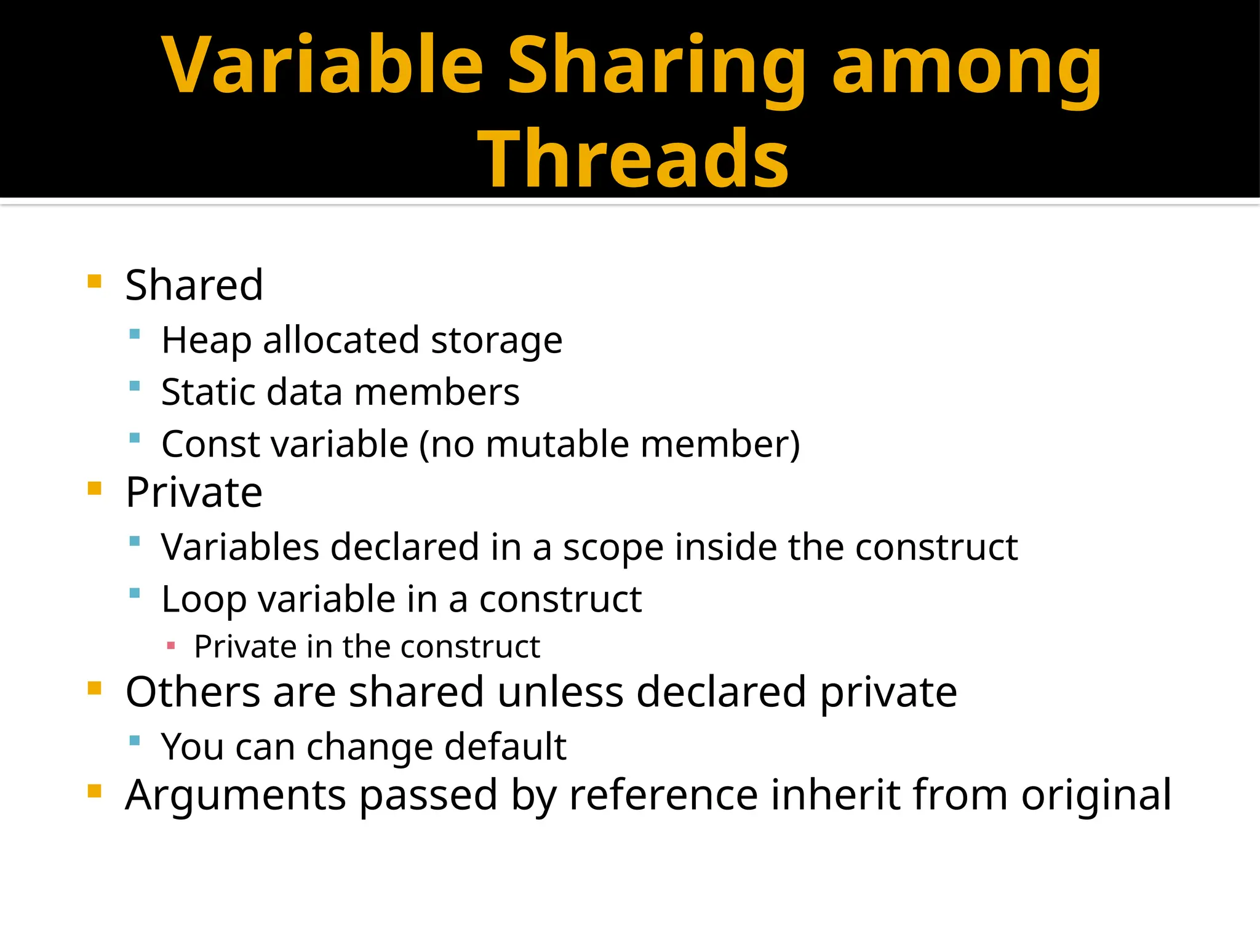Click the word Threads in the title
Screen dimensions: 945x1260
(633, 158)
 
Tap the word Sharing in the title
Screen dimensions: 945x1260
(656, 66)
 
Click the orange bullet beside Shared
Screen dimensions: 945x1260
(94, 282)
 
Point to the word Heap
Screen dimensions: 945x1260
(206, 340)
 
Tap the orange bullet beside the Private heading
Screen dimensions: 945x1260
(94, 489)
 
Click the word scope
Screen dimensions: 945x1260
(613, 548)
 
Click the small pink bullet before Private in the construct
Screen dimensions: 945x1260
(171, 646)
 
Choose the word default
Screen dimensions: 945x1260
(505, 747)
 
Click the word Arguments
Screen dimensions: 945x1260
(236, 795)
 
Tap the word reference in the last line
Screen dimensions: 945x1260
(664, 795)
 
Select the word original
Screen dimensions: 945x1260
(1096, 795)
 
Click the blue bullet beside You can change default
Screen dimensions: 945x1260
(135, 740)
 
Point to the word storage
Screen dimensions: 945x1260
(496, 340)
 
